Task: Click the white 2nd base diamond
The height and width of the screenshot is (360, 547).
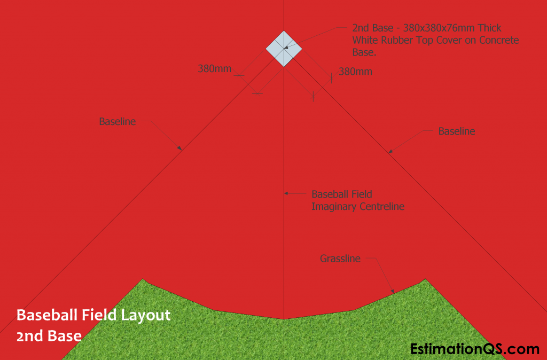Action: [284, 49]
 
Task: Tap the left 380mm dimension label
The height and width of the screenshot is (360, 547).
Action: [215, 69]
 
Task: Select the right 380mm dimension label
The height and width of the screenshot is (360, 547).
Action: [355, 72]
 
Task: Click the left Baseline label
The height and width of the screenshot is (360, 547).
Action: [117, 121]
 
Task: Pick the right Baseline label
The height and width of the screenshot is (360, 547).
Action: [457, 131]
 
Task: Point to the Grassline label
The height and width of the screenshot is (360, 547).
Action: [340, 259]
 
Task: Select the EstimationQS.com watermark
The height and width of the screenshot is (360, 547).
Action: [474, 349]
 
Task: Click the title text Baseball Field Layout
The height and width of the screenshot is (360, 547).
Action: [93, 315]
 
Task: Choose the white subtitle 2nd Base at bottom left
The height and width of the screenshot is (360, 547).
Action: [49, 336]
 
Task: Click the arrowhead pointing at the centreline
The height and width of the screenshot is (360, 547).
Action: [286, 193]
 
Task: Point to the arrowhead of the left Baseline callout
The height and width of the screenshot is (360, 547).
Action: [180, 148]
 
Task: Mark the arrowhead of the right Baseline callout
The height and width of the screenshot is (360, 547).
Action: [390, 151]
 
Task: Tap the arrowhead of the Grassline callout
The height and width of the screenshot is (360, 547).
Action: [393, 291]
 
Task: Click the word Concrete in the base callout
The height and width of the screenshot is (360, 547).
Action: [499, 40]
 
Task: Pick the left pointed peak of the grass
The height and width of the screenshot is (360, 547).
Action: [142, 279]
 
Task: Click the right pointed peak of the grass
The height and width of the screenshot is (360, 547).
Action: [425, 279]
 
